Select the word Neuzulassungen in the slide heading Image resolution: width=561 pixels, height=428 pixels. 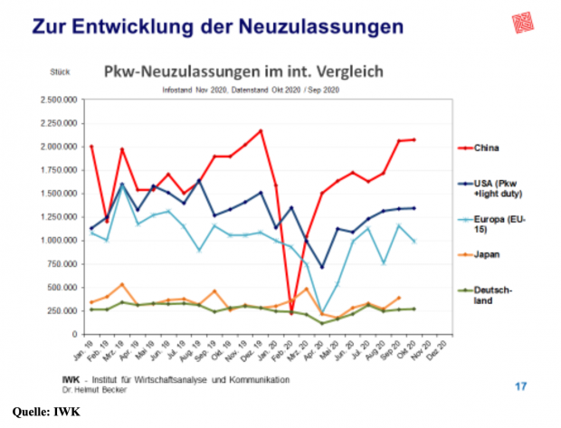click(316, 27)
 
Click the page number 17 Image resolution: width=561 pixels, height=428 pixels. click(520, 386)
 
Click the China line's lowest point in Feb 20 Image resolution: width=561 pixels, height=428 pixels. click(292, 313)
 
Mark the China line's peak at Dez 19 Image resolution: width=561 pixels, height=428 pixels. click(261, 130)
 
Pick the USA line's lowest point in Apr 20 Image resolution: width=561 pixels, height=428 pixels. click(322, 267)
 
